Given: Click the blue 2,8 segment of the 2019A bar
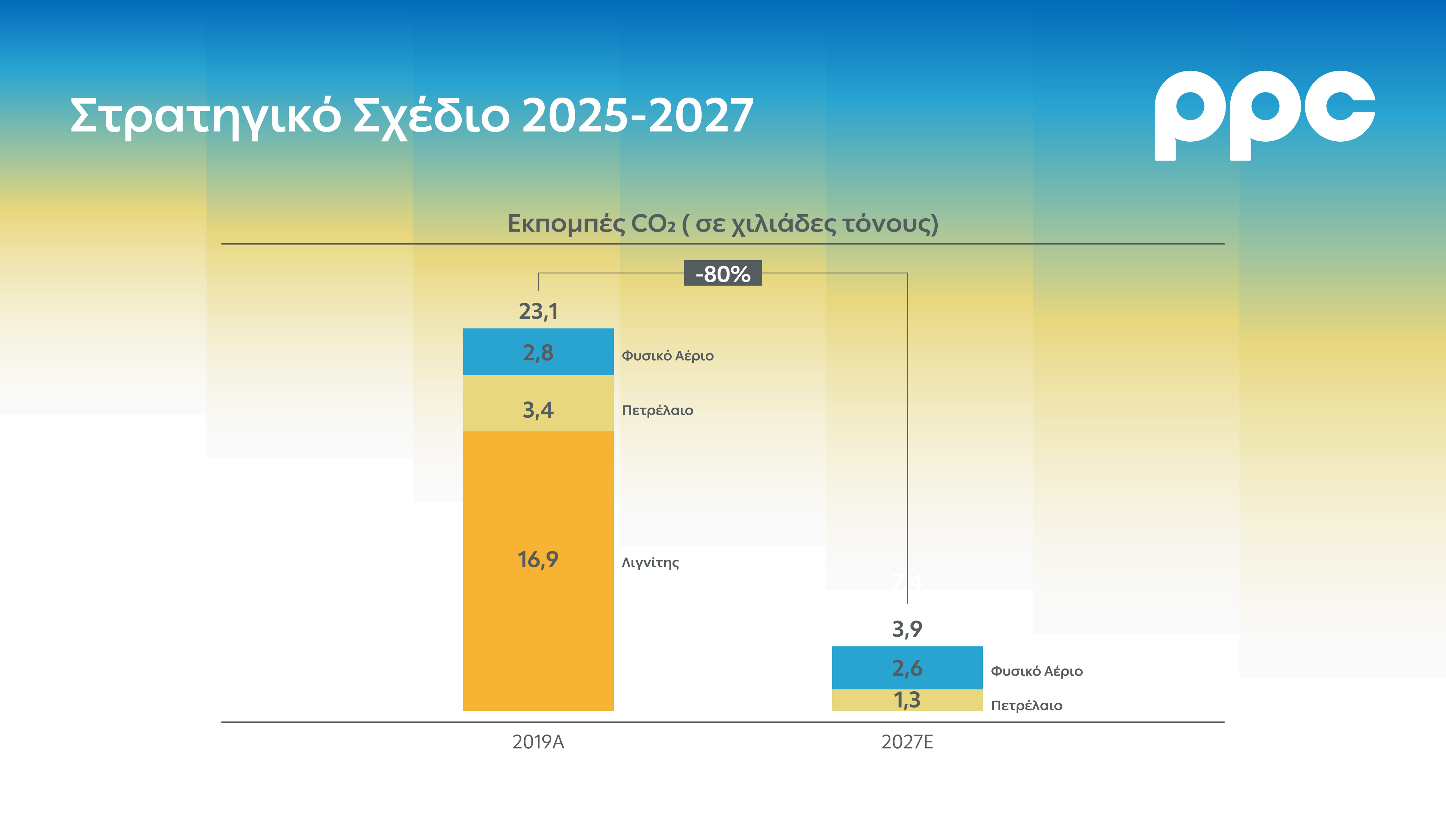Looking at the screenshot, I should pyautogui.click(x=538, y=352).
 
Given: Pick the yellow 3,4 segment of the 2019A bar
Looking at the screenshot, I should pyautogui.click(x=538, y=403).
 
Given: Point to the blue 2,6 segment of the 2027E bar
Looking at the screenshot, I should pyautogui.click(x=907, y=668).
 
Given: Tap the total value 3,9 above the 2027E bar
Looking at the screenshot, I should pyautogui.click(x=907, y=629).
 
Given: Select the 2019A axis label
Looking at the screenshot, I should pyautogui.click(x=538, y=742).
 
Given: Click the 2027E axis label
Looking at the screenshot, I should pyautogui.click(x=907, y=742).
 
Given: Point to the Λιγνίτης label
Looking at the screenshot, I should pyautogui.click(x=650, y=563).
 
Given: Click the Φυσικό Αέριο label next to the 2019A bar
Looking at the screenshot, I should pyautogui.click(x=667, y=356).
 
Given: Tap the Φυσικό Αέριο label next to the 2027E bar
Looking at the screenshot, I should pyautogui.click(x=1036, y=671).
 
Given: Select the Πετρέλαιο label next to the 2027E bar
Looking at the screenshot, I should pyautogui.click(x=1026, y=706).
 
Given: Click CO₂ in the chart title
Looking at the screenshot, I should pyautogui.click(x=653, y=224).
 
